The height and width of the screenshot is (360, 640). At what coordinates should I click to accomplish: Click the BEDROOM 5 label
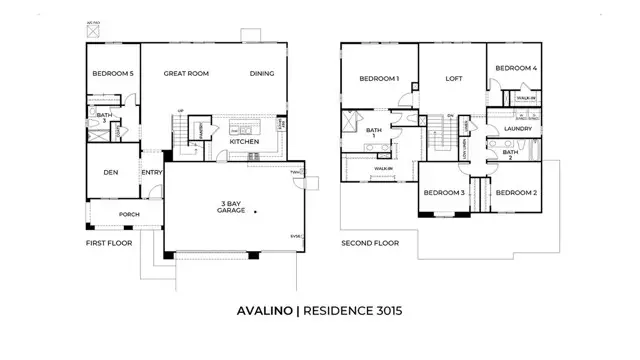click(113, 74)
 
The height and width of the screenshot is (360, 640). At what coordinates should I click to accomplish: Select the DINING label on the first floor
click(261, 74)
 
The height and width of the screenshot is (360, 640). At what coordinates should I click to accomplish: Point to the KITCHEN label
click(244, 142)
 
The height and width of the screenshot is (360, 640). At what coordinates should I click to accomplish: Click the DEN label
click(112, 173)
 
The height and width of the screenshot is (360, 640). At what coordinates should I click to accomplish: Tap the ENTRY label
click(152, 173)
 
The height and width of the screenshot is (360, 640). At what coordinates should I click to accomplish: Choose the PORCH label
click(130, 213)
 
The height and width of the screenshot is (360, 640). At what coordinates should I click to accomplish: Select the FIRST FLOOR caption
click(110, 243)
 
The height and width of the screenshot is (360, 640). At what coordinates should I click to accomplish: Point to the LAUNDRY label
click(517, 129)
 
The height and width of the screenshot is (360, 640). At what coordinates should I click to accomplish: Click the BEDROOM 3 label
click(443, 192)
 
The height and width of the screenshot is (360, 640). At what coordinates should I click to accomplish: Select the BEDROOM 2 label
click(517, 192)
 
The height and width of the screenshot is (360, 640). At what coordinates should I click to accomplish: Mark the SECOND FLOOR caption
click(370, 243)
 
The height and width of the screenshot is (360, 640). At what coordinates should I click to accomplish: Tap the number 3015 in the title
click(383, 311)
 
